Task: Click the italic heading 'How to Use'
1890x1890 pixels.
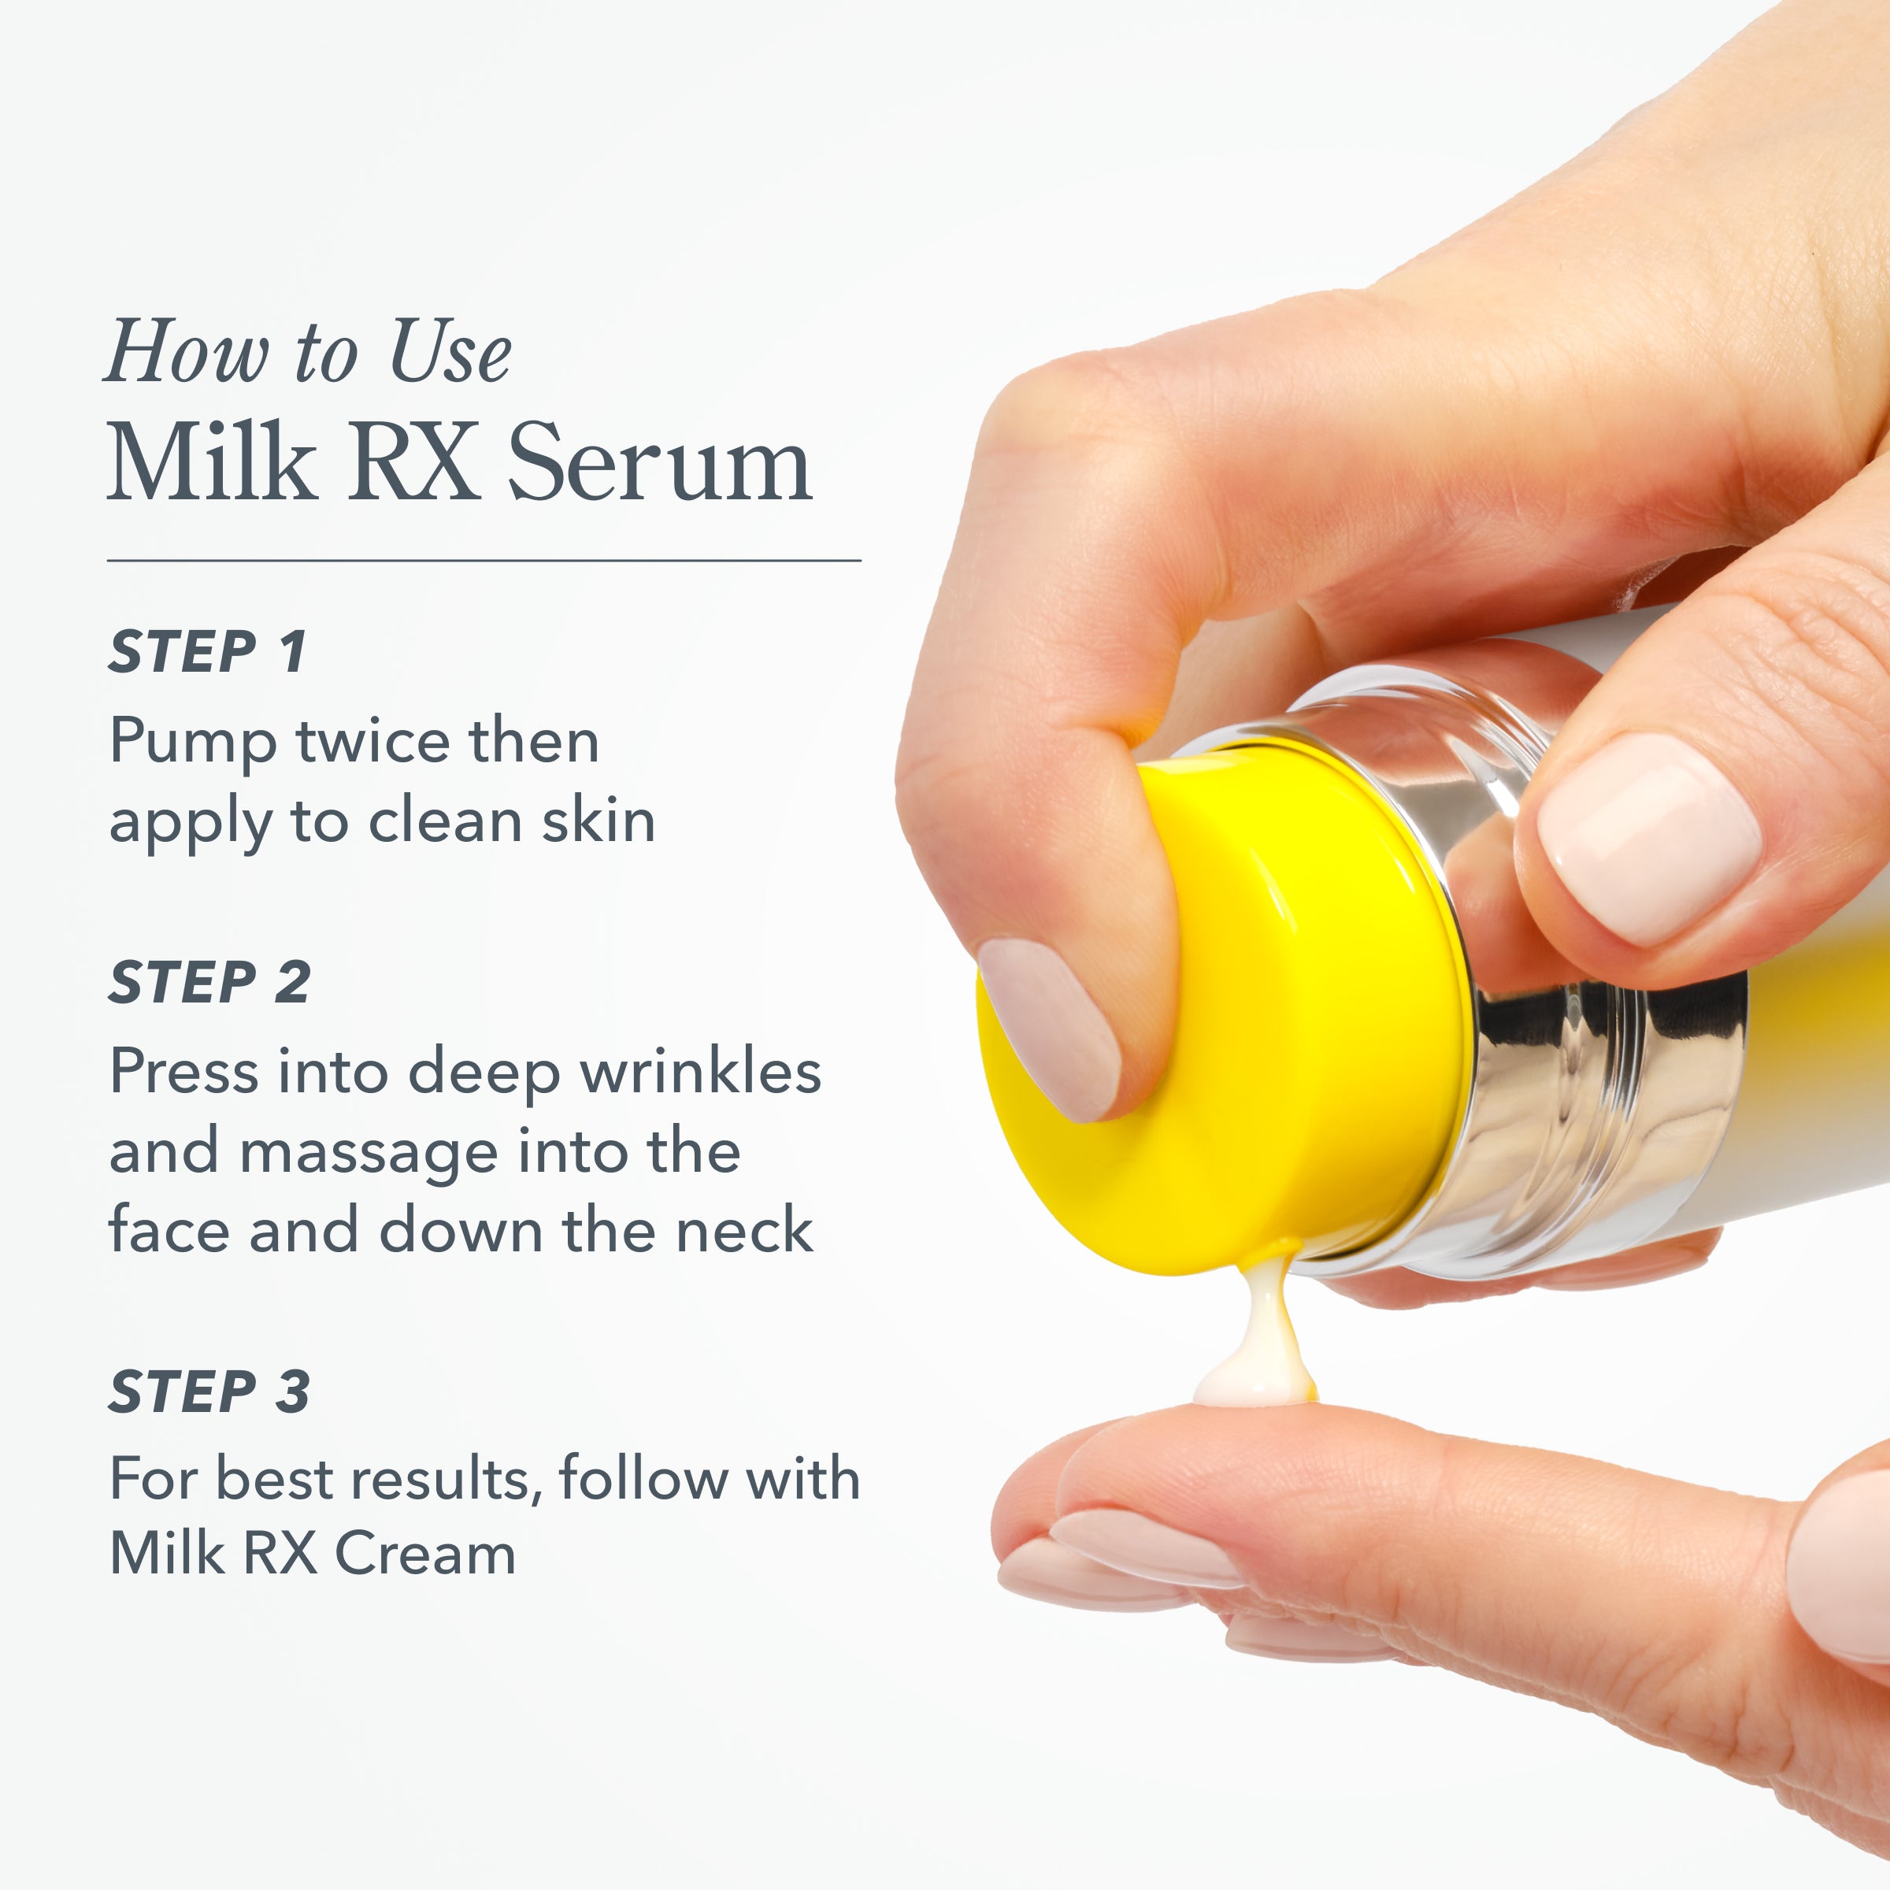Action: (x=308, y=352)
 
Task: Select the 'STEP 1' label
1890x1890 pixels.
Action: (x=207, y=653)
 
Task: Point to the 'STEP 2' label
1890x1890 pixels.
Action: (x=209, y=982)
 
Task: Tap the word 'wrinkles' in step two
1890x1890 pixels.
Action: (x=700, y=1071)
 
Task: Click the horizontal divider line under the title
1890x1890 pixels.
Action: (x=484, y=561)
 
